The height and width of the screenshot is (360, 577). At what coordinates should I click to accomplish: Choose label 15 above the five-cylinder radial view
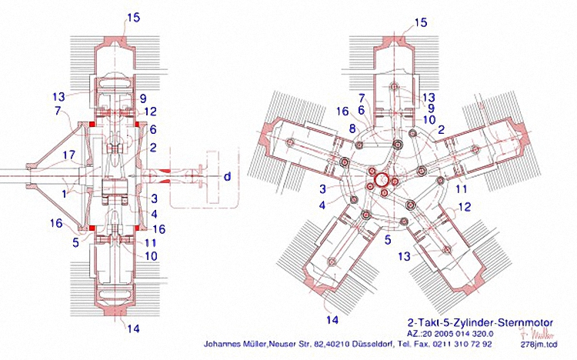pyautogui.click(x=420, y=22)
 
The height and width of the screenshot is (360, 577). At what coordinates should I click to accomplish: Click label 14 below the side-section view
pyautogui.click(x=133, y=328)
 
